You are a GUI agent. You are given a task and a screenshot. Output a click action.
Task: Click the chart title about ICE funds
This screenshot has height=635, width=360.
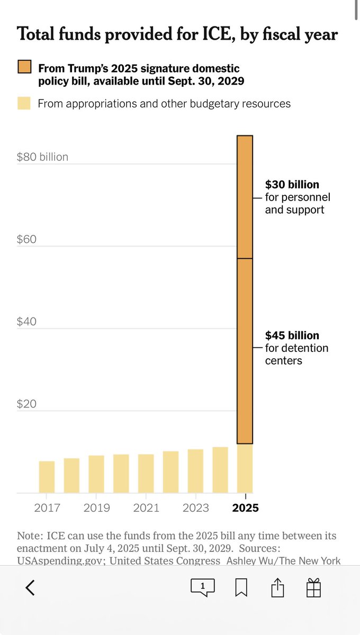pos(177,34)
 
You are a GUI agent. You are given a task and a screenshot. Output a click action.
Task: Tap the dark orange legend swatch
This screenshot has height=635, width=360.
pos(24,68)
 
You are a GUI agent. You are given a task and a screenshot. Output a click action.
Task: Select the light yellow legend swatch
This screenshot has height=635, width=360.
pos(24,103)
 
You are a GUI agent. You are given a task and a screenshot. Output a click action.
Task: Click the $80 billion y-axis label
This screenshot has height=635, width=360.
pos(42,157)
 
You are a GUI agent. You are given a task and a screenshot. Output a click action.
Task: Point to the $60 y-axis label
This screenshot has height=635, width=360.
pos(26,239)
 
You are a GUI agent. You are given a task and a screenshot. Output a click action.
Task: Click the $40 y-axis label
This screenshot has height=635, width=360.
pos(26,322)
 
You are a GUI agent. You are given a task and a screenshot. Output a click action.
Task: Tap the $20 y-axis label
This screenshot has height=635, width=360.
pos(26,404)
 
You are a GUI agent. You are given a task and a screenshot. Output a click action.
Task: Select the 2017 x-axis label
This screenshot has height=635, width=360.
pos(47,508)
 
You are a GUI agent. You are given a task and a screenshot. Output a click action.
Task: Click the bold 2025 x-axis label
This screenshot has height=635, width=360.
pos(245,508)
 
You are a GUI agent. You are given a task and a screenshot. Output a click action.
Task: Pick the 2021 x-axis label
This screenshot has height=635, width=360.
pos(146,508)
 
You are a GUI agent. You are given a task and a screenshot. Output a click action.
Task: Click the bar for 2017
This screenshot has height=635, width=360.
pos(47,477)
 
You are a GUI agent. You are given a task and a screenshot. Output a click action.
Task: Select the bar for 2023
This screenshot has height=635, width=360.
pos(195,471)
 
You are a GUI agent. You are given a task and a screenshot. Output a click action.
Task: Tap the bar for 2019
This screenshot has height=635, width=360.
pos(96,474)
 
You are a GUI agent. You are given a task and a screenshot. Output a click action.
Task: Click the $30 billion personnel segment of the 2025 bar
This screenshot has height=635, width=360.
pos(245,197)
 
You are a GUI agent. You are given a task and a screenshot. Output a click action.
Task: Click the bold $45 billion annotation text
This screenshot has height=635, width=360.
pos(292,335)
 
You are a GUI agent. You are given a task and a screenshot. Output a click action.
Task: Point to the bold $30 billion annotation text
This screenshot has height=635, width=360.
pos(292,185)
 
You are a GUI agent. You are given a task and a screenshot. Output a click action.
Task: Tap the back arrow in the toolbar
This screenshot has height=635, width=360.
pos(30,587)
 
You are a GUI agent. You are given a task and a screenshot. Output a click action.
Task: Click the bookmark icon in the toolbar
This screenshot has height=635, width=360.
pos(241,587)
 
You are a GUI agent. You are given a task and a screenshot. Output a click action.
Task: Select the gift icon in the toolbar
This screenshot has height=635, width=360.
pos(314,587)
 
